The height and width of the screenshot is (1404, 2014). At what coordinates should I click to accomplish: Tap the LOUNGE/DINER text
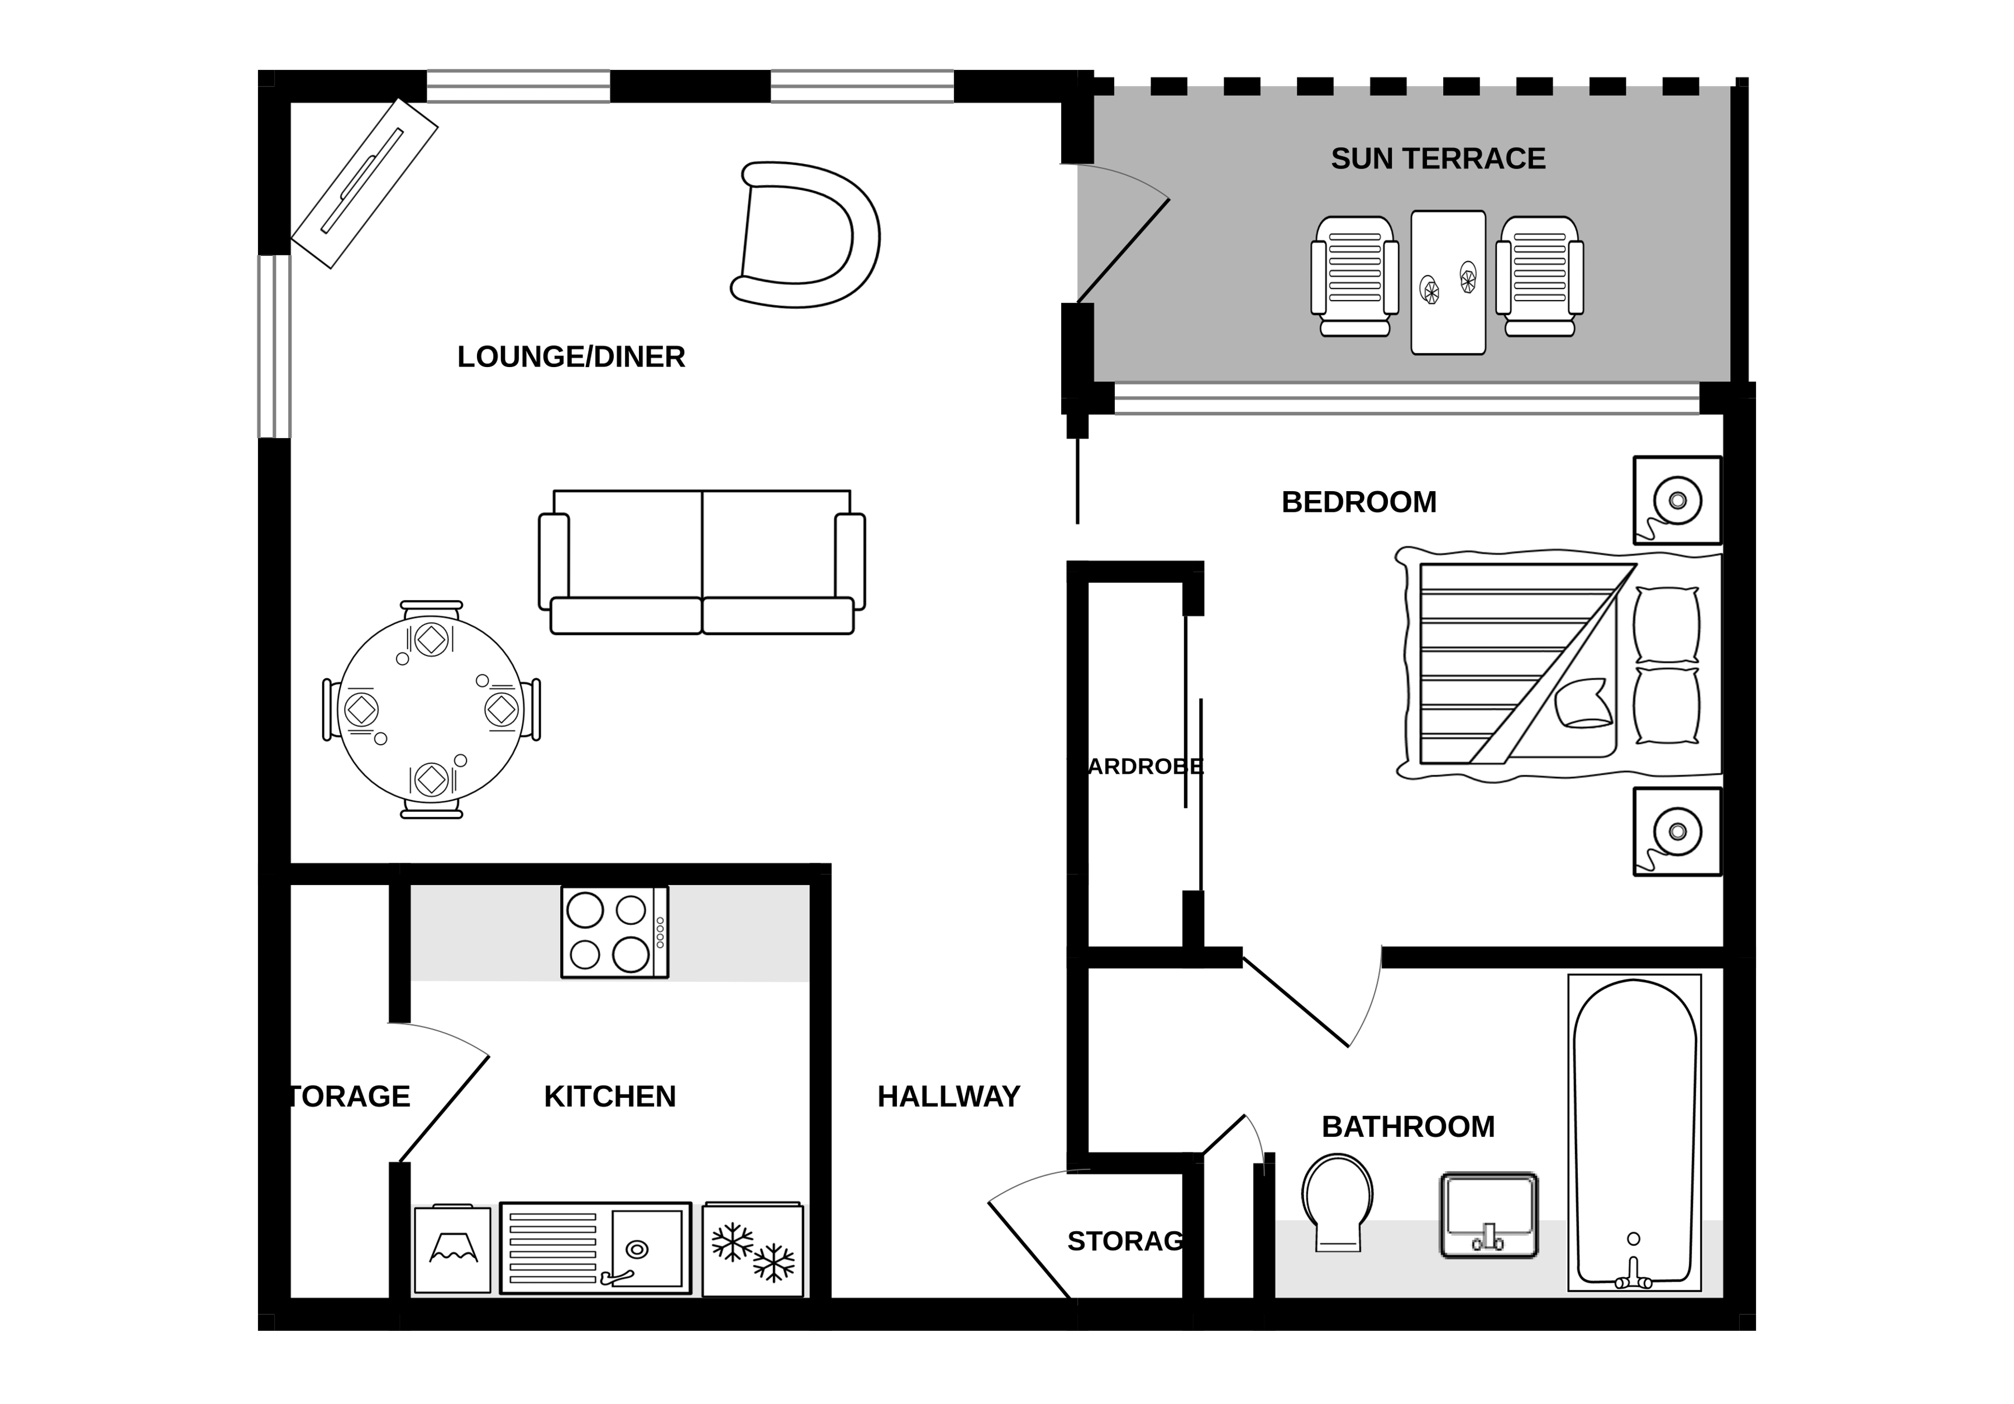click(x=571, y=357)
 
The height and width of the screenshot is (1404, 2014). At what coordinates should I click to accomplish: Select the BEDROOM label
click(x=1359, y=502)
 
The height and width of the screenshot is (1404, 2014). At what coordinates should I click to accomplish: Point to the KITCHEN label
click(x=610, y=1097)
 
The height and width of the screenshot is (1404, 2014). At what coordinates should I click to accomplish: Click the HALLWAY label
click(x=948, y=1097)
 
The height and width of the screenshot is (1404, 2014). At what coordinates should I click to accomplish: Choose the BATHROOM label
click(x=1408, y=1127)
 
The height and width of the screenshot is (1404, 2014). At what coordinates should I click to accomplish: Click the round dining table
click(x=431, y=709)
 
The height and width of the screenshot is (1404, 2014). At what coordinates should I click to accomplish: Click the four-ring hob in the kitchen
click(x=614, y=932)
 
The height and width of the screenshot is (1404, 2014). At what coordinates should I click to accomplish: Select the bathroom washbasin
click(x=1488, y=1215)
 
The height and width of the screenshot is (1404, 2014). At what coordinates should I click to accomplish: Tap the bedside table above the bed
click(x=1676, y=500)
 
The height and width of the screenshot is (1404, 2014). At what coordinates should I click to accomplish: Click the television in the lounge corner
click(x=364, y=183)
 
